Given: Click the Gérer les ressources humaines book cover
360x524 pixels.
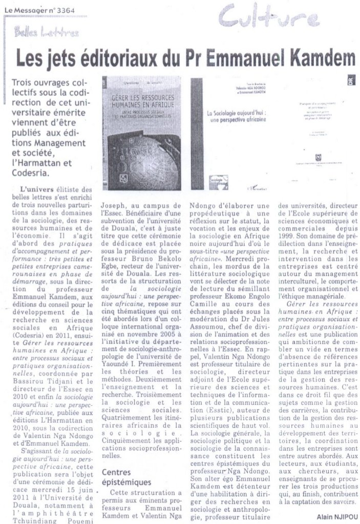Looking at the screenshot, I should click(141, 133).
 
